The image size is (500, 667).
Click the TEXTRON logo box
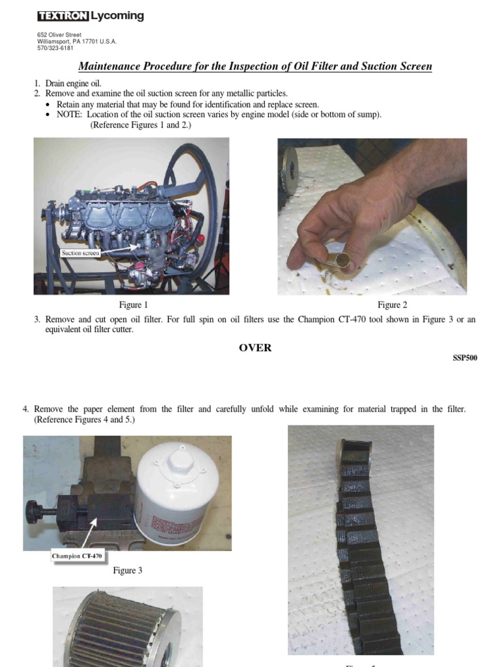click(x=62, y=16)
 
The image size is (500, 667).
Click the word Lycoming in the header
click(x=117, y=16)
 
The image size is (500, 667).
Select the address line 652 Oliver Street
click(x=59, y=35)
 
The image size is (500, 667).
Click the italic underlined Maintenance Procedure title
click(x=255, y=66)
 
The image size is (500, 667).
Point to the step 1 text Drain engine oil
click(x=74, y=83)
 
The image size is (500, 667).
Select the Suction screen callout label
click(x=80, y=253)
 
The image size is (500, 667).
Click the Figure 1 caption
click(x=133, y=305)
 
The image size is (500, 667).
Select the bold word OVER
click(x=255, y=348)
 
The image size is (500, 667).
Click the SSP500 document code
click(x=465, y=358)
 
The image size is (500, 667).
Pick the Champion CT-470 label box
click(x=77, y=556)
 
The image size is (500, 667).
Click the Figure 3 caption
click(x=128, y=571)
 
